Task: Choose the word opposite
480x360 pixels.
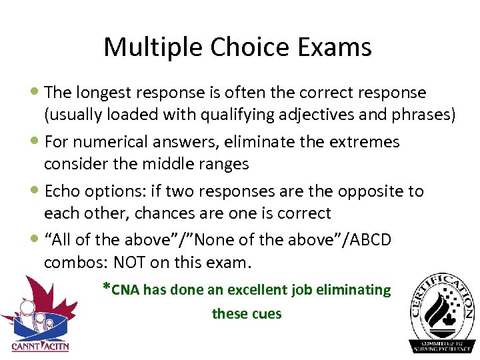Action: pos(373,191)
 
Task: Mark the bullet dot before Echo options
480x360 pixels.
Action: pos(35,191)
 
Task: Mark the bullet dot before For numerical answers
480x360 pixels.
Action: pos(35,142)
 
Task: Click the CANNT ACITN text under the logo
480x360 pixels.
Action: pos(40,346)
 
